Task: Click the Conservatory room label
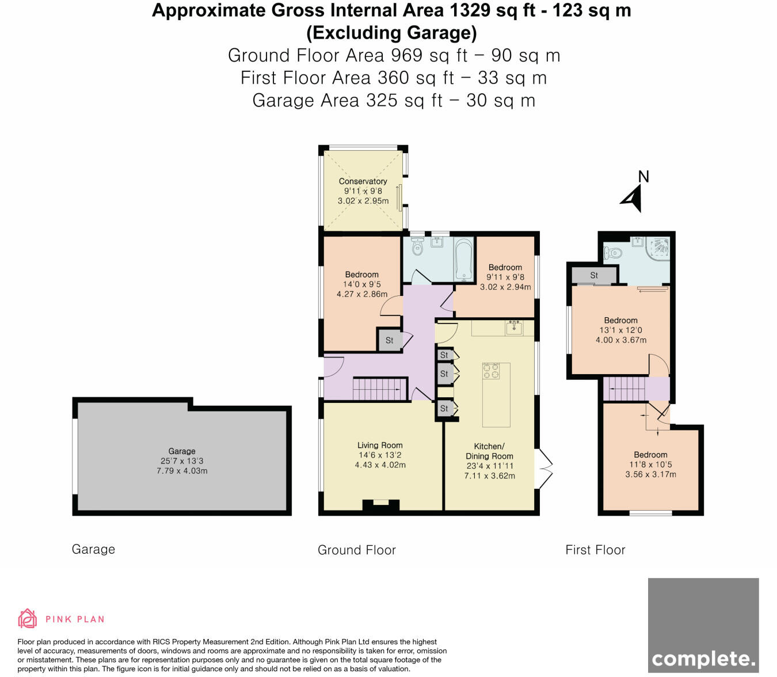click(x=363, y=181)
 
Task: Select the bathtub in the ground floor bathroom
click(x=463, y=260)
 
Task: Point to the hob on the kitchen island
click(x=491, y=371)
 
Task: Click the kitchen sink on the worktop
click(x=513, y=328)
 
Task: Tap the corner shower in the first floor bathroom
click(x=658, y=248)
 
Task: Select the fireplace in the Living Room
click(x=380, y=505)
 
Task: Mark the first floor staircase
click(x=624, y=389)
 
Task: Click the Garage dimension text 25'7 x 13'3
click(x=182, y=461)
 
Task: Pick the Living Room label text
click(x=380, y=445)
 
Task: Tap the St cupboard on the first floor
click(x=594, y=275)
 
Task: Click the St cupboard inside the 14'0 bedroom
click(x=389, y=340)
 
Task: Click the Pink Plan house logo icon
click(x=27, y=618)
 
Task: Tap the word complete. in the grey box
click(x=703, y=659)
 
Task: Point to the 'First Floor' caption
click(x=595, y=550)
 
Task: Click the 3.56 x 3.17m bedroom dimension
click(x=650, y=474)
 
